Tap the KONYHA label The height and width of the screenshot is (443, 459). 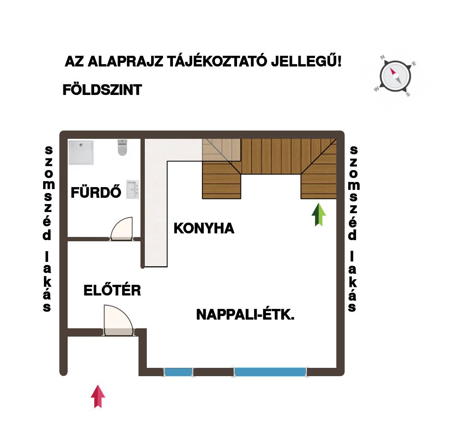coord(204,228)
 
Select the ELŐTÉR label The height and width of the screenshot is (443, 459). coord(112,290)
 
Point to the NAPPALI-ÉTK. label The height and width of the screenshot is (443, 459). coord(245,314)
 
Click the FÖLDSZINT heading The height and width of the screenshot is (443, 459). coord(102,89)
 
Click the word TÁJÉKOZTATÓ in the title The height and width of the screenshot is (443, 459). coord(217,61)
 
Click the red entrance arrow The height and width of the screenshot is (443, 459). coord(98,396)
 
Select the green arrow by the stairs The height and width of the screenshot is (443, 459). coord(319,215)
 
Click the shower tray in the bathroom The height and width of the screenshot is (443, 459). coord(81,152)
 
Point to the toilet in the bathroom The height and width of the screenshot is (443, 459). coord(122,148)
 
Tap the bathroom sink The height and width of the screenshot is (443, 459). coord(133,189)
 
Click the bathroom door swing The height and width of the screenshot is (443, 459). coord(121,229)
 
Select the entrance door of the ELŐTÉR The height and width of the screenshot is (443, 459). coord(118,320)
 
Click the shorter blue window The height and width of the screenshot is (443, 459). coord(178,372)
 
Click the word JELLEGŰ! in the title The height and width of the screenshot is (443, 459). coord(306,61)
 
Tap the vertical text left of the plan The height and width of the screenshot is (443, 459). coord(48,229)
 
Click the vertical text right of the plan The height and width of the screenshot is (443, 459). coord(353,229)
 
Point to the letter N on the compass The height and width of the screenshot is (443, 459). coord(382,57)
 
